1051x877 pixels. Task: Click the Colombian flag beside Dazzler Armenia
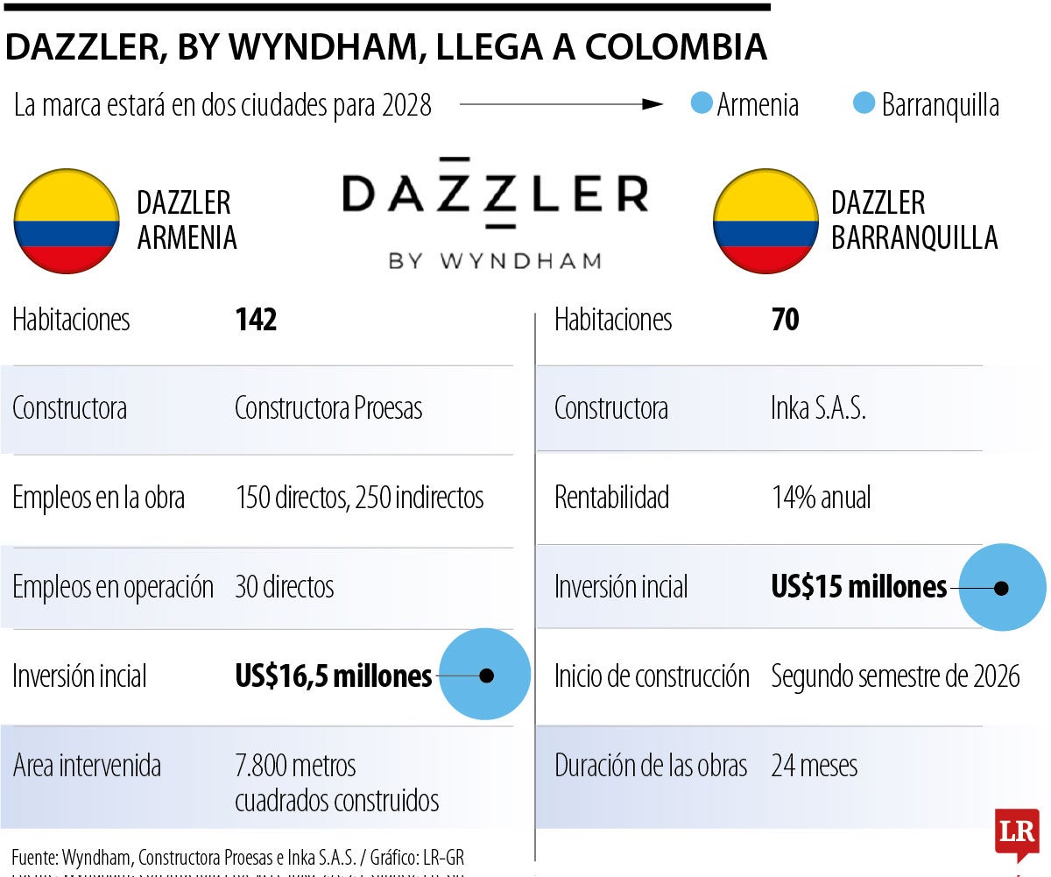(x=67, y=221)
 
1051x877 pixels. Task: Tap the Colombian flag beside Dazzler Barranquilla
(x=765, y=221)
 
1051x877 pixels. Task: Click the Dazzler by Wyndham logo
(x=496, y=215)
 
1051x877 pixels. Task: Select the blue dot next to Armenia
(x=701, y=104)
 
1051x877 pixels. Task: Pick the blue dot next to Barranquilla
(x=864, y=104)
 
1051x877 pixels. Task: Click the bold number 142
(x=256, y=320)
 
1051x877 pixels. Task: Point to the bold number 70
(x=786, y=320)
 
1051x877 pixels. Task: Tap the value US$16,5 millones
(x=334, y=675)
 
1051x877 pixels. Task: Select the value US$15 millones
(x=859, y=586)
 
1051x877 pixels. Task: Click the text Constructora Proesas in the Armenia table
(x=328, y=408)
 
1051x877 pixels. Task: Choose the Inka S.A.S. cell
(x=818, y=408)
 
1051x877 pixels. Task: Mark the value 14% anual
(x=821, y=498)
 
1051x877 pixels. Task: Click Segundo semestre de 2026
(x=895, y=675)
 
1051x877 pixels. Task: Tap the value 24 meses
(x=814, y=766)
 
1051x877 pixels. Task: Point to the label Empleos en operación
(x=113, y=587)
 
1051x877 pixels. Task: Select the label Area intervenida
(x=87, y=766)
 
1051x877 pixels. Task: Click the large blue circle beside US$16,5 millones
(x=485, y=675)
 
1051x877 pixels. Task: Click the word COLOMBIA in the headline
(x=675, y=47)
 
